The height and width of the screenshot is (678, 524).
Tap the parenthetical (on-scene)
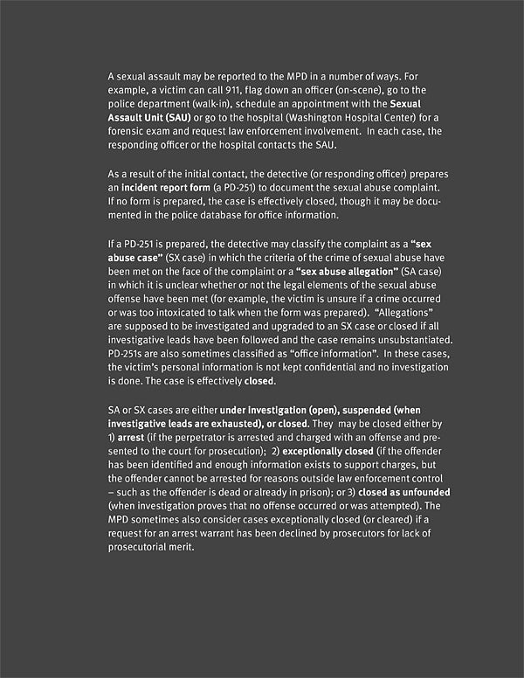350,92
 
